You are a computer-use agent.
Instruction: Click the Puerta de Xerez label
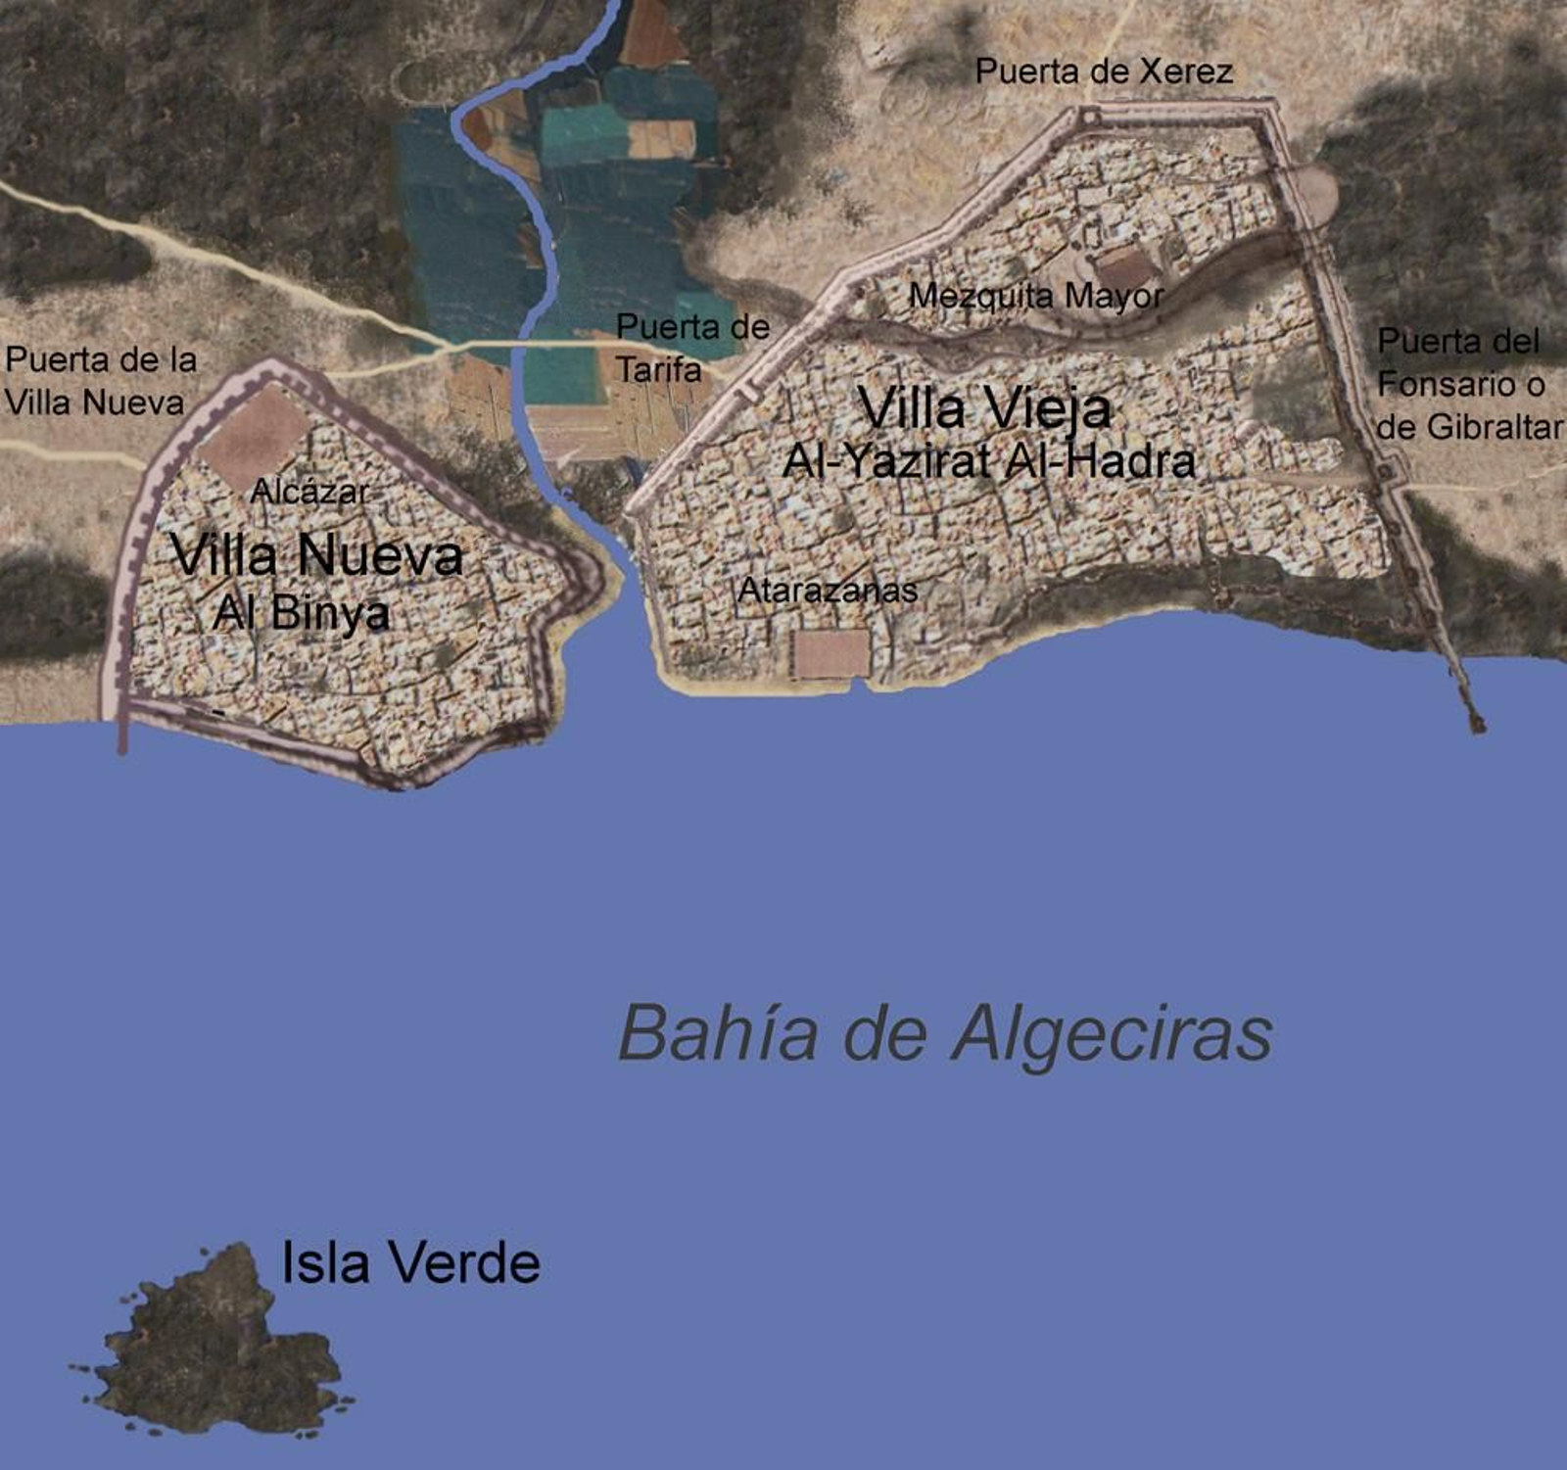coord(1104,71)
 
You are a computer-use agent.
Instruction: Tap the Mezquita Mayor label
coord(1036,296)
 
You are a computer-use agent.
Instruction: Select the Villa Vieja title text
coord(984,407)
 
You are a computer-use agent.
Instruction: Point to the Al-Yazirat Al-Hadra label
coord(988,461)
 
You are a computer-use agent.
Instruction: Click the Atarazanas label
coord(828,591)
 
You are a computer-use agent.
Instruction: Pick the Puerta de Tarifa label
coord(691,348)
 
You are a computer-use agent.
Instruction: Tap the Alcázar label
coord(309,492)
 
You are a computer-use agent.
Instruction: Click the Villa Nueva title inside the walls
coord(316,555)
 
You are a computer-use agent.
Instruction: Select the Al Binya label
coord(301,613)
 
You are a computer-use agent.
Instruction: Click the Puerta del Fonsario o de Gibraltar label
coord(1468,384)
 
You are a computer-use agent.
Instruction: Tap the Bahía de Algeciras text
coord(945,1034)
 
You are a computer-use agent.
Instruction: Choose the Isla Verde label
coord(410,1262)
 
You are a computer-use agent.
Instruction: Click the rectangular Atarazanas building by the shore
coord(831,653)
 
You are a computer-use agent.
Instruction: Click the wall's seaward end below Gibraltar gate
coord(1475,724)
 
